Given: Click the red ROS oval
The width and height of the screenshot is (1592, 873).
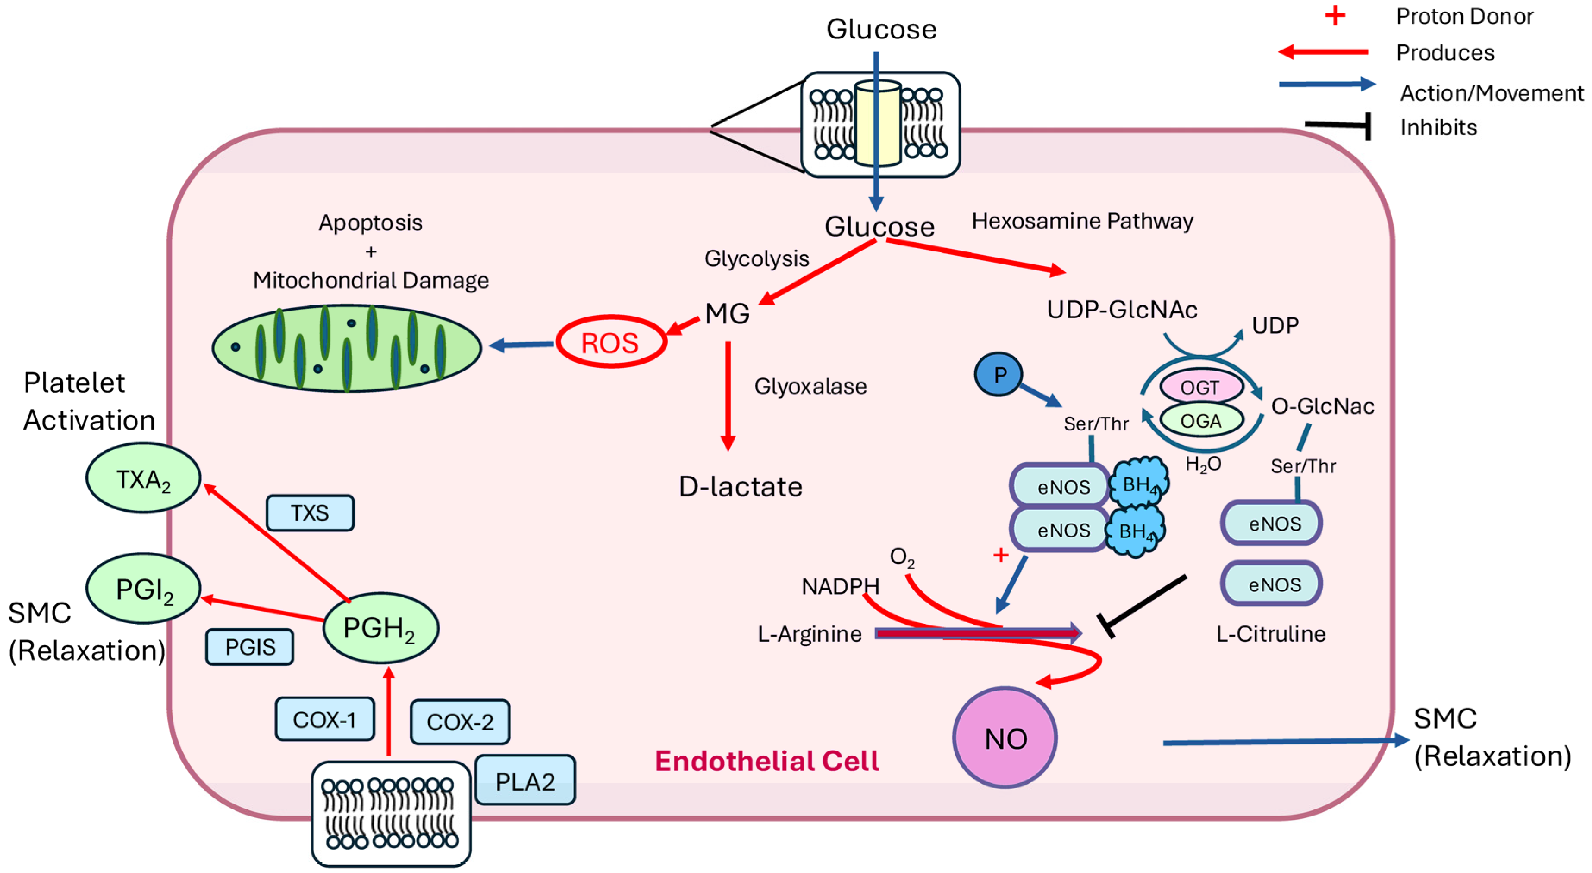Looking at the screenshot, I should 611,342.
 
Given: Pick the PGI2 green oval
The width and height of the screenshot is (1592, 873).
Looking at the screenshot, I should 143,588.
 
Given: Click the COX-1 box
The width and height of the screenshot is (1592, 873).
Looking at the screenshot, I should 325,719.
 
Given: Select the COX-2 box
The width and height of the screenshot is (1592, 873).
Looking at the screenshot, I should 460,722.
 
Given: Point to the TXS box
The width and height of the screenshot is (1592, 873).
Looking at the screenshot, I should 310,513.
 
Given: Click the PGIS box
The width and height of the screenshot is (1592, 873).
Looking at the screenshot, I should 250,647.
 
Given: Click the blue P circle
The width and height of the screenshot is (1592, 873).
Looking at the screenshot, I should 998,374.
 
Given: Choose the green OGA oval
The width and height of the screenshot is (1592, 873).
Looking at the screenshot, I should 1200,421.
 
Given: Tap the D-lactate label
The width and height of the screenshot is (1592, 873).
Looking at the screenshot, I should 741,487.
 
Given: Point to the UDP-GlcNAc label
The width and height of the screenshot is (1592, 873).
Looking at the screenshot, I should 1122,310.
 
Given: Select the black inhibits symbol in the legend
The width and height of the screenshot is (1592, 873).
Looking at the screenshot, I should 1341,126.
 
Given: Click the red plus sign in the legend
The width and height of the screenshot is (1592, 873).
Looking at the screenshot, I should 1335,16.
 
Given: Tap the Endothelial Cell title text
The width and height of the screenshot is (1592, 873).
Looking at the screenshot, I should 766,760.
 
